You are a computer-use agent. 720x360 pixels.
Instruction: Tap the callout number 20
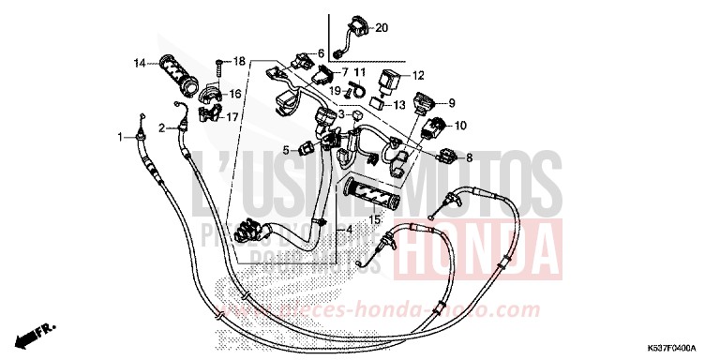[382, 28]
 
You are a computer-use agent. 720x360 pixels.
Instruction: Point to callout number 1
[121, 138]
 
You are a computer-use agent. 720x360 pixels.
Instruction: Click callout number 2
[161, 127]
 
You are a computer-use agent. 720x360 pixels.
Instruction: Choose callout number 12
[418, 75]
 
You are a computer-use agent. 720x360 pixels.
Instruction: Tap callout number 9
[451, 103]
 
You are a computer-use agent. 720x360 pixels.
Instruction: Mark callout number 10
[460, 126]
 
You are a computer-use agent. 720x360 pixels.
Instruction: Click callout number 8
[470, 157]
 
